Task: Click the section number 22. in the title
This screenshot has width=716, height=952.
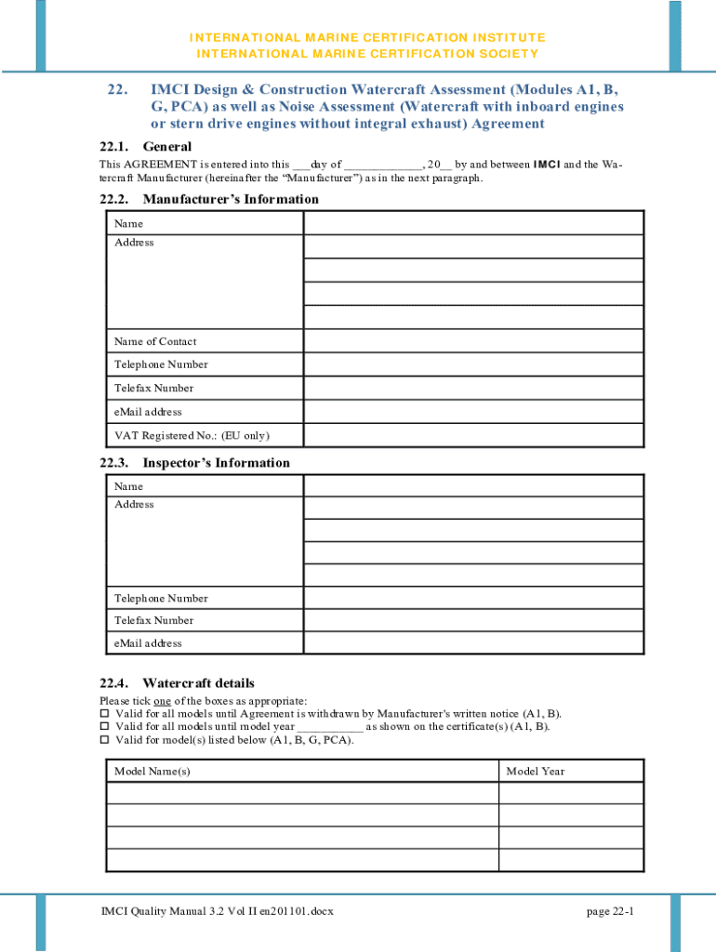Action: click(x=116, y=90)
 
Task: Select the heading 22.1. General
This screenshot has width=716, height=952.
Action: click(x=145, y=147)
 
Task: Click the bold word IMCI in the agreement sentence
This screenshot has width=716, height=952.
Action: click(x=546, y=165)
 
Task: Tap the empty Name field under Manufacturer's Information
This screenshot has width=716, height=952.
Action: click(x=473, y=223)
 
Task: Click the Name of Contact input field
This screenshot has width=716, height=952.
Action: click(x=473, y=341)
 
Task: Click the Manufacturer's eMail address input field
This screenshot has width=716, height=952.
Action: click(x=473, y=412)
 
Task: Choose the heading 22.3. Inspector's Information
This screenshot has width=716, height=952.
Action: click(x=194, y=463)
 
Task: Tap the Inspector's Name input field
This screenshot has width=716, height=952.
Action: click(x=473, y=485)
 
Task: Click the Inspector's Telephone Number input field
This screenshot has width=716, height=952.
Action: click(x=473, y=598)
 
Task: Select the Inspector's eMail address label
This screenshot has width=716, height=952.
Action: click(x=148, y=643)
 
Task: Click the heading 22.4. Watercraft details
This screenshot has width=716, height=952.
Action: click(x=177, y=683)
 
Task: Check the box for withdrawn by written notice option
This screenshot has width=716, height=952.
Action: click(x=104, y=714)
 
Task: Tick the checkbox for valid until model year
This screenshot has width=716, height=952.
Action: click(x=104, y=727)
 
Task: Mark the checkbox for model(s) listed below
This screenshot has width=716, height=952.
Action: click(x=104, y=741)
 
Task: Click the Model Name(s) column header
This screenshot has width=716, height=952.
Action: click(x=152, y=772)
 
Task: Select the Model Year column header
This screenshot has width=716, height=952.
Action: click(x=535, y=772)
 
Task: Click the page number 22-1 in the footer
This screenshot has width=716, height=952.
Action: click(x=610, y=911)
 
